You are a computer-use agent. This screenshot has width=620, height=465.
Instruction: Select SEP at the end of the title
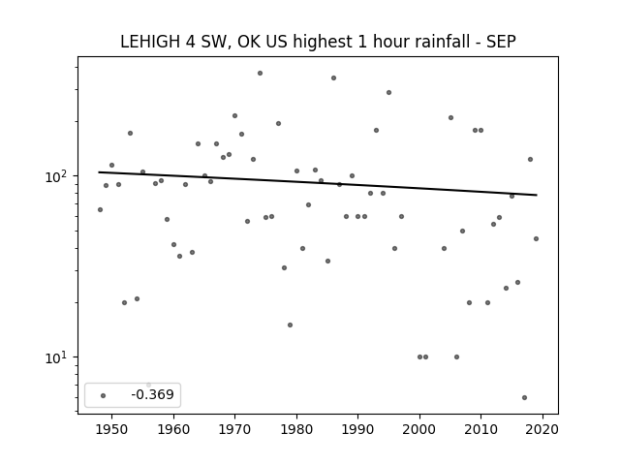click(501, 42)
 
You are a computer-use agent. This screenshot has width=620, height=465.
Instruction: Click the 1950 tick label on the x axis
click(111, 429)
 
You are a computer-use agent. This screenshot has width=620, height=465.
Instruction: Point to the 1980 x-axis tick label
click(296, 429)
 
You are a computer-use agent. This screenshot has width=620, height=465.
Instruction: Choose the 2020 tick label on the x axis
click(542, 429)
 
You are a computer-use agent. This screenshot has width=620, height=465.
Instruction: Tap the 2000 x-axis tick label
click(419, 429)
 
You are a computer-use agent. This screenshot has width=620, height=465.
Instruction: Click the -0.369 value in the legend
click(153, 394)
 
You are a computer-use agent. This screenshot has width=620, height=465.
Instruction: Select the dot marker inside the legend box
click(104, 395)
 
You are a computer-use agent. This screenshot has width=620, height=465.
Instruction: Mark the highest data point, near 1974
click(260, 74)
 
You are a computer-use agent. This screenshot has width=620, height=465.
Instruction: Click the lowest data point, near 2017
click(524, 397)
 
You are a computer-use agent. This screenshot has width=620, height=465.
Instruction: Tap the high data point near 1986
click(333, 77)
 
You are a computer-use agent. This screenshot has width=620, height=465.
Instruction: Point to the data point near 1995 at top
click(388, 93)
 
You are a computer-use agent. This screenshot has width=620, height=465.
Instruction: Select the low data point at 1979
click(290, 325)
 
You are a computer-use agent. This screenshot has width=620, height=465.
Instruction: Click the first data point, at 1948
click(100, 209)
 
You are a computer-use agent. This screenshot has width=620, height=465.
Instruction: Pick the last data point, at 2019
click(536, 238)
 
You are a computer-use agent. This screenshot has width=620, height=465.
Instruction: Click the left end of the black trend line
click(99, 172)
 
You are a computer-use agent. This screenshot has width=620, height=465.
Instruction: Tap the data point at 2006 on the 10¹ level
click(456, 357)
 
